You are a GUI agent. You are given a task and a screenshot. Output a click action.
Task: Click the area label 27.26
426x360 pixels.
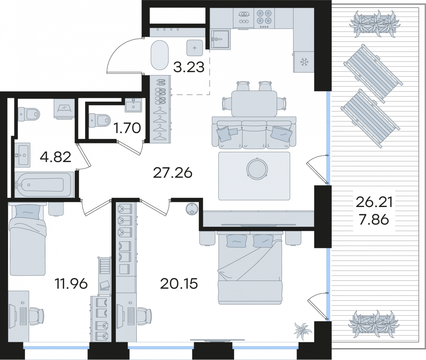pos(173,173)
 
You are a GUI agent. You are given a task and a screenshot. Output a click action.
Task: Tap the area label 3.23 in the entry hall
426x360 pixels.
pos(189,67)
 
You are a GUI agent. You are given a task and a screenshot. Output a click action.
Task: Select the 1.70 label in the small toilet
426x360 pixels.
pos(127,128)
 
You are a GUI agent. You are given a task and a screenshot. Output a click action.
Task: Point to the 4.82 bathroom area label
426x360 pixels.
pos(55,157)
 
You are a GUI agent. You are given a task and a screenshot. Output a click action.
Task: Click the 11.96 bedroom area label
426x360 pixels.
pos(71,283)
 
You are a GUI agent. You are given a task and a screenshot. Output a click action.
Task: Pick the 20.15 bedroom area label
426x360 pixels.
pos(179,283)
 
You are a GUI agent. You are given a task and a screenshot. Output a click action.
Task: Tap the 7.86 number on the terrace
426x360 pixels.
pos(374,220)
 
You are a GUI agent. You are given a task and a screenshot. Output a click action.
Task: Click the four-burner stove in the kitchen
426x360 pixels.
pos(264,18)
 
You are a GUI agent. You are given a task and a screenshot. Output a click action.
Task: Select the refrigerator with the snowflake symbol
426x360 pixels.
pos(304,62)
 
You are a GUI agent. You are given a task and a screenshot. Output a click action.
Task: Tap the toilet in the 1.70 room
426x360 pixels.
pos(99,121)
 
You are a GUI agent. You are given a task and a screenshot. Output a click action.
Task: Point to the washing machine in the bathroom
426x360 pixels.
pos(64,108)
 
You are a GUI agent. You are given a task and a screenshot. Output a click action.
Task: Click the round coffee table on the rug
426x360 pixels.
pos(257,169)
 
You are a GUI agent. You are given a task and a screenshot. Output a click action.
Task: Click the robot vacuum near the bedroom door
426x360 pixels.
pos(192,209)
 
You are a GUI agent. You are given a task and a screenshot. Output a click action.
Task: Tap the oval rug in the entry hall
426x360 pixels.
pos(160,55)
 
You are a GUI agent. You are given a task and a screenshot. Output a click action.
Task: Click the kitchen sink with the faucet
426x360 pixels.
pos(220,39)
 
